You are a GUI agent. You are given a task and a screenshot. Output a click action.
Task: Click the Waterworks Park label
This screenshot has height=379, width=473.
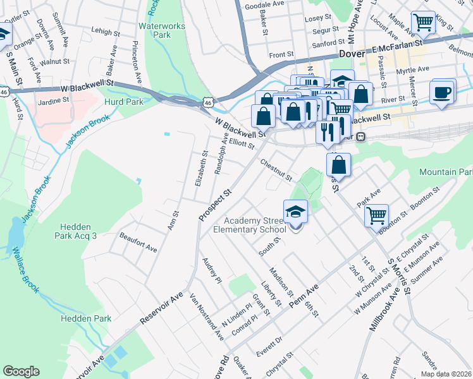point(155,30)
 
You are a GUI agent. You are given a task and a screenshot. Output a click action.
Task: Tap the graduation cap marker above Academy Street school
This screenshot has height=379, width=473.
point(295,212)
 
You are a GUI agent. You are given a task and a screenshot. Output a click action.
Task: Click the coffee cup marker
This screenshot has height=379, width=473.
point(442,92)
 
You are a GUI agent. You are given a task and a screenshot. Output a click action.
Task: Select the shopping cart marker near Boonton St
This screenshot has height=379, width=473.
point(376,215)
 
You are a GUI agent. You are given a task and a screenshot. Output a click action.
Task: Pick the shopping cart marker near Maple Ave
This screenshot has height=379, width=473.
point(423,23)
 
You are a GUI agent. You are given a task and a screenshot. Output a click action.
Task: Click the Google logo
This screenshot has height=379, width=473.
point(21,371)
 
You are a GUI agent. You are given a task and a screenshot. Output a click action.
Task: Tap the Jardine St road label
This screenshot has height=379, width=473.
point(53,100)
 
